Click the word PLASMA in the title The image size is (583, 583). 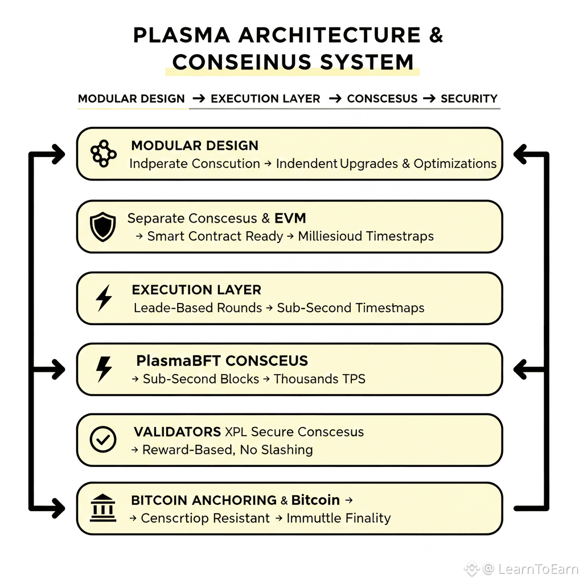coord(182,35)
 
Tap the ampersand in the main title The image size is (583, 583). coord(436,35)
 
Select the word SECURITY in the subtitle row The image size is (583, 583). coord(469,98)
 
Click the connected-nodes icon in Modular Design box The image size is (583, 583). coord(104,154)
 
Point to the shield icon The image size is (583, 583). coord(103,227)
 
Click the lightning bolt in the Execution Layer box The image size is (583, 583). coord(104,298)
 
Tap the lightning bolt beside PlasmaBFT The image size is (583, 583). coord(104,369)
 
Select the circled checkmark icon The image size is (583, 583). coord(103,440)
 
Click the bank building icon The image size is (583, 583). coord(103,508)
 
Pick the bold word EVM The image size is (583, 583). coord(290,218)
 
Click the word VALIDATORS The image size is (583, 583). coord(178,432)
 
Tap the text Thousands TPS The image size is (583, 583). coord(319,379)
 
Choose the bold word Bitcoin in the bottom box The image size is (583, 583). coord(315,500)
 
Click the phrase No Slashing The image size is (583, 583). coord(276,450)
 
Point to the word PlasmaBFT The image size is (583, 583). coord(179,360)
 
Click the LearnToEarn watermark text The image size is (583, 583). coord(537,569)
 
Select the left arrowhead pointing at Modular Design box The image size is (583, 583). coord(59,154)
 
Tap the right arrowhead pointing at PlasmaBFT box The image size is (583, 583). coord(520,369)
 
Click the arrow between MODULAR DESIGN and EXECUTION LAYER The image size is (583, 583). coord(199,98)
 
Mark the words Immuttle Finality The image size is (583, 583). coord(338,518)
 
